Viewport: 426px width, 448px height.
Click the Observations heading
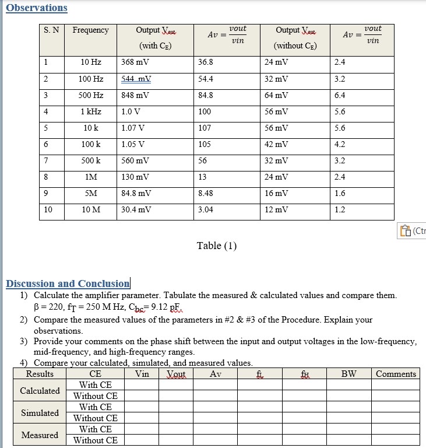pos(37,8)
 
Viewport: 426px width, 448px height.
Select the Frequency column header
pos(90,30)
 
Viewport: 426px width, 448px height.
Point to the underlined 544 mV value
pos(136,79)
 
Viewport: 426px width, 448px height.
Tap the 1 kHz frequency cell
pos(91,111)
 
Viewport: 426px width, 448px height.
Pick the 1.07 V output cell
pos(133,128)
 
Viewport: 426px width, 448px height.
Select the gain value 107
pos(205,128)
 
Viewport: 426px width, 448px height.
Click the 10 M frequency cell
pos(91,209)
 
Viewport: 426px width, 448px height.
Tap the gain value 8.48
pos(206,193)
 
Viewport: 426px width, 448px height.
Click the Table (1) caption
pos(217,246)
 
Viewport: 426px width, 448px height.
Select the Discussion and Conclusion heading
pos(68,283)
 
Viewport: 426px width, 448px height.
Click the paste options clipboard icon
pos(405,231)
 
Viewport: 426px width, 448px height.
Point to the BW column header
pos(348,374)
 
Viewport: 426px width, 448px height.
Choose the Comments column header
pos(396,374)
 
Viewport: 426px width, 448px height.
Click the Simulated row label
pos(40,413)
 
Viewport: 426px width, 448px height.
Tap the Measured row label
pos(40,435)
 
